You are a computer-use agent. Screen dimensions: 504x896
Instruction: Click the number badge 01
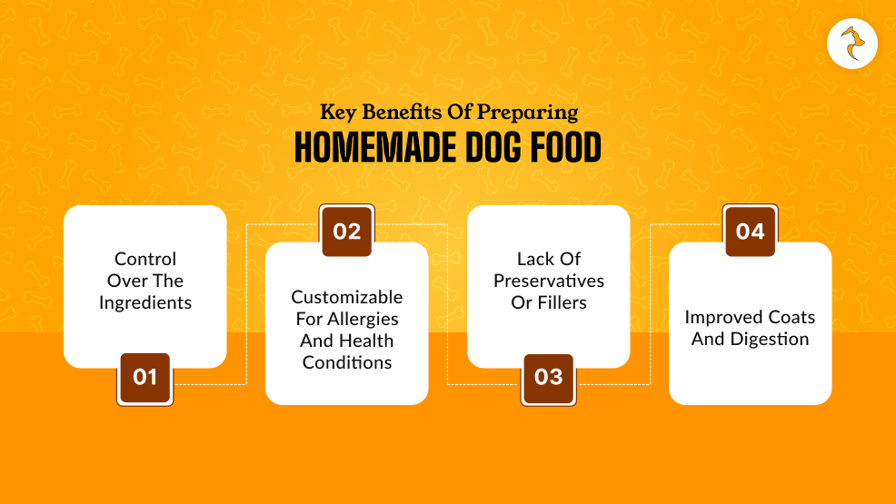coord(144,377)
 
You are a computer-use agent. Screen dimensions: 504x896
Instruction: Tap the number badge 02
coord(346,232)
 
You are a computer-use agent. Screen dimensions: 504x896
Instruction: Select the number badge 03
coord(548,377)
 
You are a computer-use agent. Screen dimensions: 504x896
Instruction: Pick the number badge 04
coord(750,232)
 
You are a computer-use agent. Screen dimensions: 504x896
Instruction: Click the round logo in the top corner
coord(852,43)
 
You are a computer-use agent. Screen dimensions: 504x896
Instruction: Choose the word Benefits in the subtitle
coord(403,114)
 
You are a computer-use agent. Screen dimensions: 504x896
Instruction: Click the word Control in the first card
coord(145,259)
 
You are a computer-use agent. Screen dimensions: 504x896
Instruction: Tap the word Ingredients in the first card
coord(145,303)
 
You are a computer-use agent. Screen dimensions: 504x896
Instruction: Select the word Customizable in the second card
coord(346,297)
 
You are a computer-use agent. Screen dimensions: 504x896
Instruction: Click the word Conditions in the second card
coord(346,362)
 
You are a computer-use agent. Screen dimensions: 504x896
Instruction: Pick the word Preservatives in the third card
coord(549,281)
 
